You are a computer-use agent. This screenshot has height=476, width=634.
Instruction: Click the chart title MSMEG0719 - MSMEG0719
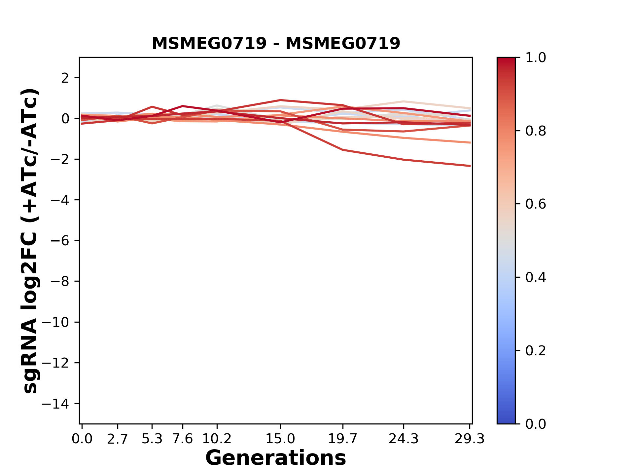276,44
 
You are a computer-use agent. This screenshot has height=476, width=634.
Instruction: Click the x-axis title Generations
276,458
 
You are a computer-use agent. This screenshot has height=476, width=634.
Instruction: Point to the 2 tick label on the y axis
65,78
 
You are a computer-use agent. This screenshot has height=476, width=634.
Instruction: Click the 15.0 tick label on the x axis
280,439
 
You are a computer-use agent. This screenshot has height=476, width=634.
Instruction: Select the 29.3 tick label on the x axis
470,439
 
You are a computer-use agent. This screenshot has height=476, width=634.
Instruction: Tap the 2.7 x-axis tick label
118,439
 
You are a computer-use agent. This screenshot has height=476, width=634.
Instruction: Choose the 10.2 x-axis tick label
217,439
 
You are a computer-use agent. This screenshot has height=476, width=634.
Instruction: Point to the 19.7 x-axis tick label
343,439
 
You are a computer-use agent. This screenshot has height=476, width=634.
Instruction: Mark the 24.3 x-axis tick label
404,439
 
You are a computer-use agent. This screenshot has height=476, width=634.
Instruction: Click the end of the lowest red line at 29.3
470,166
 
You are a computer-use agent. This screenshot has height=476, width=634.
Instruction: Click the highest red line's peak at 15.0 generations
280,100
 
